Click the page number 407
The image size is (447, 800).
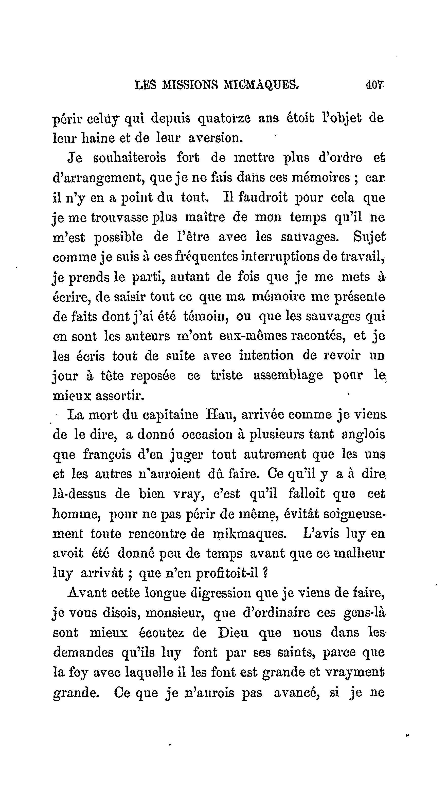(375, 84)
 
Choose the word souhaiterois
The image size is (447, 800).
(130, 158)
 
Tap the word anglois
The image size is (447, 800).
(363, 434)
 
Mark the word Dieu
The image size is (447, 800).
(233, 633)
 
